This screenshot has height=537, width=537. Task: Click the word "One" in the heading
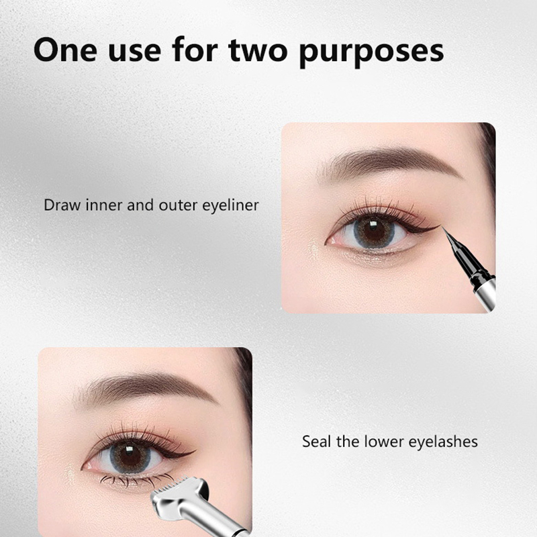(x=65, y=50)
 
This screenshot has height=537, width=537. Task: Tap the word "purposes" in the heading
(x=372, y=52)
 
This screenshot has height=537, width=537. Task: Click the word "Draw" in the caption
(x=62, y=205)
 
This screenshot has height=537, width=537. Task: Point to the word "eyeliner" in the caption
(x=230, y=206)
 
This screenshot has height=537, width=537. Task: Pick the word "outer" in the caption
(x=178, y=206)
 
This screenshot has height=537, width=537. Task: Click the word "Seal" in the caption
(x=317, y=442)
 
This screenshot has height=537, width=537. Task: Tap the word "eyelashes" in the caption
(x=443, y=442)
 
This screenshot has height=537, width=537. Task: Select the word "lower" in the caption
(x=384, y=442)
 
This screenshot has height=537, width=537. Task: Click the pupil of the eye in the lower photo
(x=130, y=455)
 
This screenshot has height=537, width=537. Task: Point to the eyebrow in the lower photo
(x=146, y=389)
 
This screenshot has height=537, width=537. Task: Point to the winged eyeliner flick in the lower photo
(x=181, y=454)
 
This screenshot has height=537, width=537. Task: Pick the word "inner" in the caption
(x=104, y=205)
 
